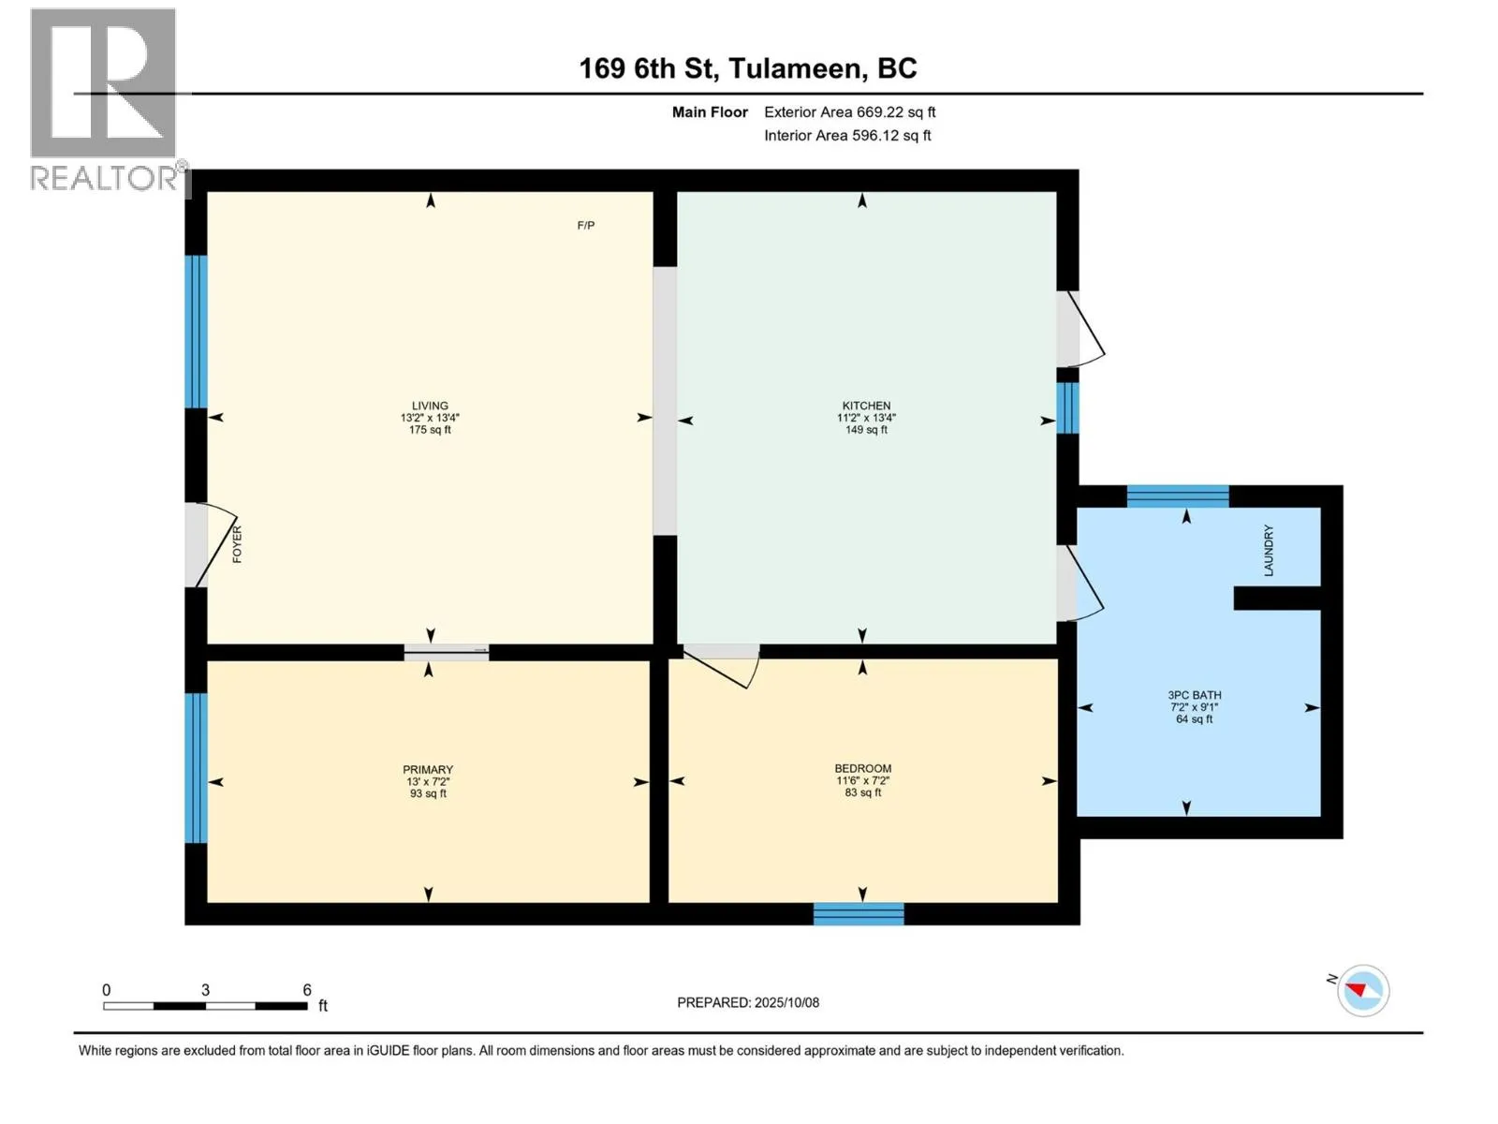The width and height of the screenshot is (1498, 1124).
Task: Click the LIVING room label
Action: pyautogui.click(x=430, y=406)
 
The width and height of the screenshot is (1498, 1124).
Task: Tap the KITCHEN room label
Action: pyautogui.click(x=866, y=406)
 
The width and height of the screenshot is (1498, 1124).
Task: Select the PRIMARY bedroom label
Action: pyautogui.click(x=428, y=770)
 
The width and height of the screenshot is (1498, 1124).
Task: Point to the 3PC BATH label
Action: pyautogui.click(x=1195, y=695)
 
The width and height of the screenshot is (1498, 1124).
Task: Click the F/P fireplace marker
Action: pyautogui.click(x=586, y=225)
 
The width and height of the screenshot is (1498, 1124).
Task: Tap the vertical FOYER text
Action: pyautogui.click(x=237, y=544)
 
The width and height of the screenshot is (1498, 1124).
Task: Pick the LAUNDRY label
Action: pyautogui.click(x=1269, y=551)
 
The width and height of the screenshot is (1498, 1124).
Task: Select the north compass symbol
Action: pyautogui.click(x=1362, y=990)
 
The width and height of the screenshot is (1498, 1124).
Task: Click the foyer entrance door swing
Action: pyautogui.click(x=212, y=546)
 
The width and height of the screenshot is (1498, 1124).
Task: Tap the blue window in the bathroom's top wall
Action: pyautogui.click(x=1178, y=496)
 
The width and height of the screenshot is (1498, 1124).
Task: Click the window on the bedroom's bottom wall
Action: pyautogui.click(x=859, y=914)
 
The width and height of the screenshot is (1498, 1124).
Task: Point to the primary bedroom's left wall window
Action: pyautogui.click(x=196, y=768)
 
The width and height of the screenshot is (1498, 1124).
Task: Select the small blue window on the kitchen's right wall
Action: pyautogui.click(x=1067, y=407)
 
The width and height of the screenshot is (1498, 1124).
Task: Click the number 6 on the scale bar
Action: pyautogui.click(x=307, y=990)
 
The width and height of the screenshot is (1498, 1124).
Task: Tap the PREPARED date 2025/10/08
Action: pyautogui.click(x=786, y=1002)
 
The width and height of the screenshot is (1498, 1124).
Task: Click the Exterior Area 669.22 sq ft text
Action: pyautogui.click(x=850, y=111)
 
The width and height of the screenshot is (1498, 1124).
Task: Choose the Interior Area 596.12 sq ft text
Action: pyautogui.click(x=847, y=135)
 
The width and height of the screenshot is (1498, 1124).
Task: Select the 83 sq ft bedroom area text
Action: pyautogui.click(x=863, y=792)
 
